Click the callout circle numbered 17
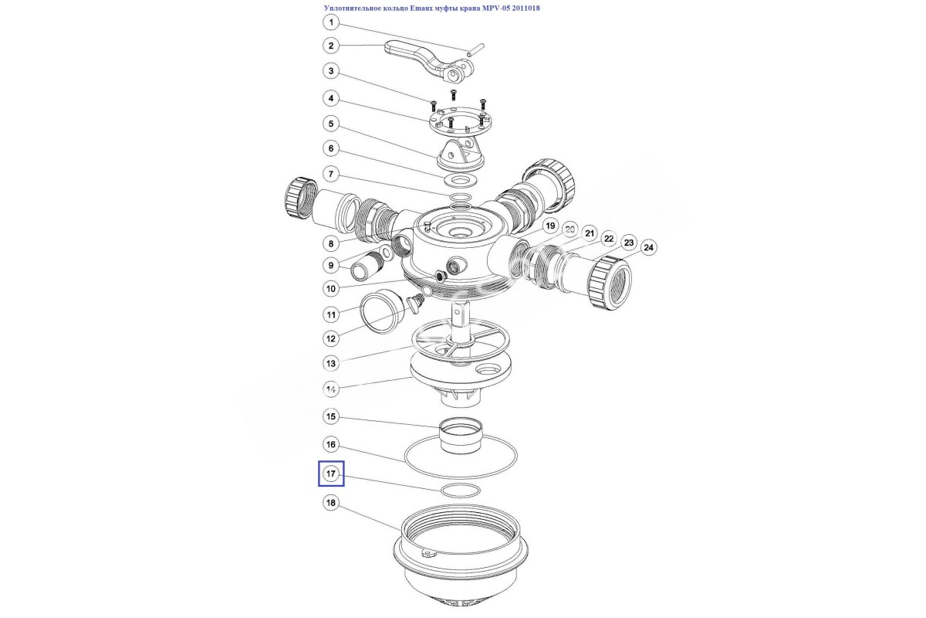point(331,474)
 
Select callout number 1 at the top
point(331,22)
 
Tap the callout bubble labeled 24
point(649,247)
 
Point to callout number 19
point(549,226)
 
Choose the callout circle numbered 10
point(331,288)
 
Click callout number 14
point(331,389)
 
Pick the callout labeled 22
point(609,239)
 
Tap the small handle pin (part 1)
point(475,49)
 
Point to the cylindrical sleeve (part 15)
point(461,435)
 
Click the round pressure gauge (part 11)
point(383,311)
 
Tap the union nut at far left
point(300,198)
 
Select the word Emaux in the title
point(420,8)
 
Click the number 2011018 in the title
point(526,8)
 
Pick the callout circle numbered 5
point(331,124)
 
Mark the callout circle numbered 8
point(331,244)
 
